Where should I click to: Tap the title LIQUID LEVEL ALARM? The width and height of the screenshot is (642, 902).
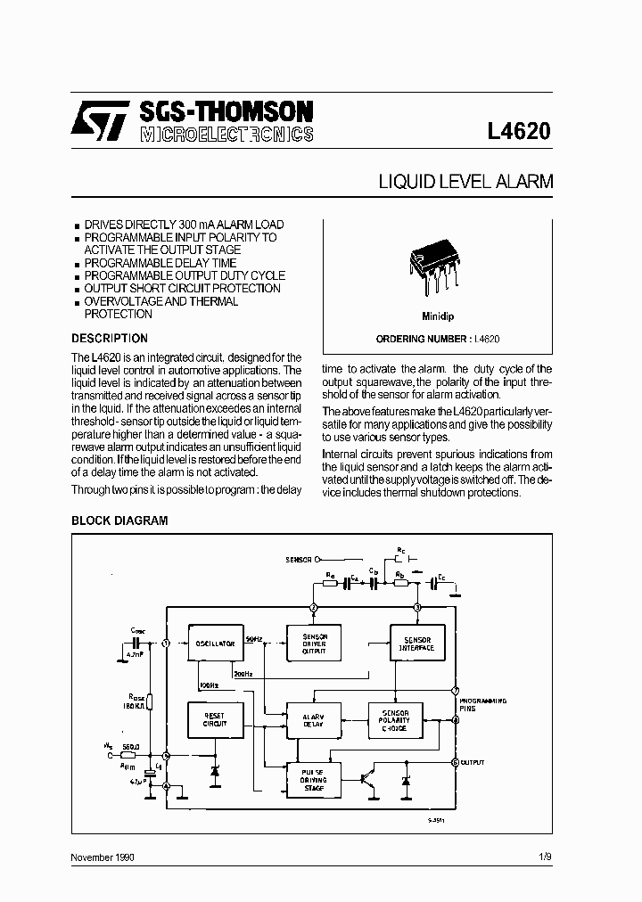465,182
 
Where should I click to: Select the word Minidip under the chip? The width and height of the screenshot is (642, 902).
438,316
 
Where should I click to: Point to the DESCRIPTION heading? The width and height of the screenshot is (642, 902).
109,339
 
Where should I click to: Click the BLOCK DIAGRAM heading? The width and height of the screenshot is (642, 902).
119,521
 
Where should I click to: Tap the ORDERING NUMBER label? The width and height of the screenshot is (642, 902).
422,340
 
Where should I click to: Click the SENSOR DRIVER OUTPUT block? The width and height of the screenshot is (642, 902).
314,644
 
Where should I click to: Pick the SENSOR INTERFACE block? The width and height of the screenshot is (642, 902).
417,644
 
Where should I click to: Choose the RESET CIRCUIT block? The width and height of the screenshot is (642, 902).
214,719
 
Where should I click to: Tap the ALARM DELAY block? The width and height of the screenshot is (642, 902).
314,719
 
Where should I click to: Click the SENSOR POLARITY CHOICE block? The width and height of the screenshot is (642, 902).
395,719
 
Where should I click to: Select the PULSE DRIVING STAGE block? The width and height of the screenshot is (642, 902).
314,780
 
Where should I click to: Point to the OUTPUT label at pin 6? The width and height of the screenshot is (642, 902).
473,763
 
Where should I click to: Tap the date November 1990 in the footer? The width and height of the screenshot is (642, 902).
103,857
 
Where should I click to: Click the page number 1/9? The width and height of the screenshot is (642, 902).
545,857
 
